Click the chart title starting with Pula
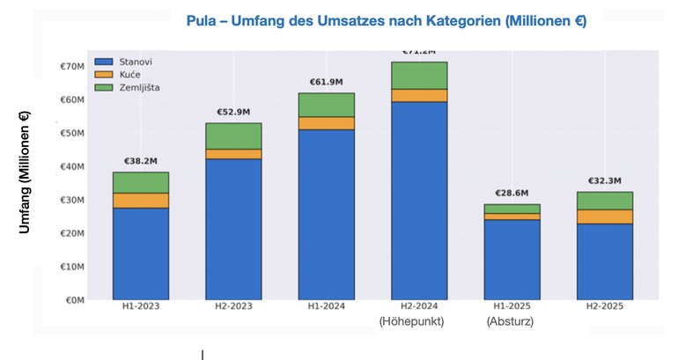[x=386, y=20]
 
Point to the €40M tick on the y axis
[x=70, y=166]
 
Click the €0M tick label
[x=72, y=300]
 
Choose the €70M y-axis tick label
[x=70, y=67]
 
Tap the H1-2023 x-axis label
[x=141, y=306]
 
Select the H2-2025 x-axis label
[x=606, y=306]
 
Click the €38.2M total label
[x=141, y=161]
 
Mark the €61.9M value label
[x=327, y=82]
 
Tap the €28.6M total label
[x=512, y=193]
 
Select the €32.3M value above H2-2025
[x=606, y=180]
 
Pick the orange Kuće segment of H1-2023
[x=141, y=201]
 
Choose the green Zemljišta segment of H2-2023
[x=233, y=136]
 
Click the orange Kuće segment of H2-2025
[x=606, y=217]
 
